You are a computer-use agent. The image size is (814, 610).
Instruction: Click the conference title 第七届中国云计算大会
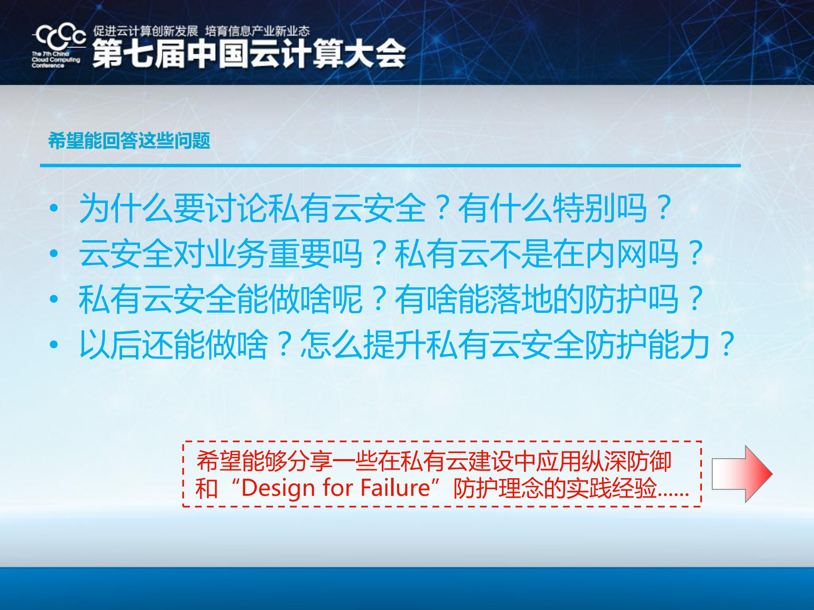[249, 54]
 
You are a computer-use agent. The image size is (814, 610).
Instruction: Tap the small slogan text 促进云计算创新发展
[145, 31]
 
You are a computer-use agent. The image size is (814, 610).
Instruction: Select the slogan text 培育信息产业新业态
[257, 31]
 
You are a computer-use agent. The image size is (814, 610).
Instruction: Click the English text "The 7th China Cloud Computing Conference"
[55, 60]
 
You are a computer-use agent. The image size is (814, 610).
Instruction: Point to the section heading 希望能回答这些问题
[129, 140]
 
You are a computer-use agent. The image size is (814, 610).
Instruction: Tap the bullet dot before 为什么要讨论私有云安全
[54, 208]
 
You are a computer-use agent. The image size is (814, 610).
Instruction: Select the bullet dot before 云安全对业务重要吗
[54, 253]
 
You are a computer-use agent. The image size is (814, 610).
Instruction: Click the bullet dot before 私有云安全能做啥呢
[54, 299]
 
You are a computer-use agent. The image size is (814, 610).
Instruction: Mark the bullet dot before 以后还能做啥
[54, 344]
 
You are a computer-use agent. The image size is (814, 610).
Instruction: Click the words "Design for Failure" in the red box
[336, 488]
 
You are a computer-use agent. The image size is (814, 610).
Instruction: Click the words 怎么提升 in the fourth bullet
[363, 344]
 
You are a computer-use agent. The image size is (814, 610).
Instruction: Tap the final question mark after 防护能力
[727, 344]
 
